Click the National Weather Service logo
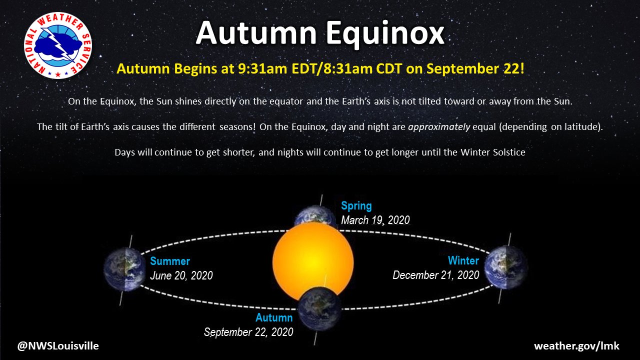pyautogui.click(x=58, y=45)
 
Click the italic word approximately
pyautogui.click(x=439, y=126)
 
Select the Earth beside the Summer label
pyautogui.click(x=123, y=269)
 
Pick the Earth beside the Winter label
pyautogui.click(x=505, y=267)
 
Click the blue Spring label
pyautogui.click(x=356, y=205)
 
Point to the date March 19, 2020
pyautogui.click(x=375, y=220)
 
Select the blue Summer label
pyautogui.click(x=170, y=261)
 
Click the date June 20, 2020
pyautogui.click(x=181, y=275)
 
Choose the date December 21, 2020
pyautogui.click(x=436, y=275)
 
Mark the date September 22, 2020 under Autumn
pyautogui.click(x=248, y=332)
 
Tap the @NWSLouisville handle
pyautogui.click(x=58, y=345)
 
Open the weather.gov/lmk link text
pyautogui.click(x=576, y=346)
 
